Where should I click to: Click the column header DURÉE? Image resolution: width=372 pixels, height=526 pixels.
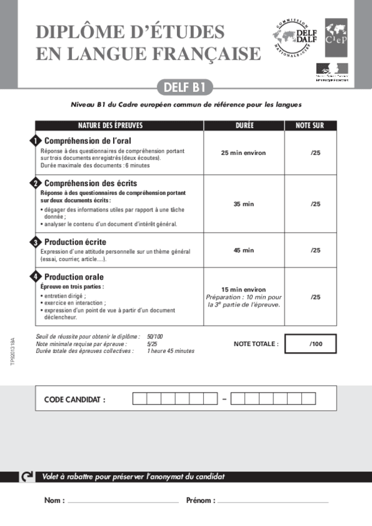click(244, 125)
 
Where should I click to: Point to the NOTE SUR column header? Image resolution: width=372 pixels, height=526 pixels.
click(310, 125)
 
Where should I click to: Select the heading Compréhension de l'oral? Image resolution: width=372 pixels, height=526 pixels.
click(88, 141)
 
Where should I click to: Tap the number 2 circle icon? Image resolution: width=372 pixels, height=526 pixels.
click(36, 184)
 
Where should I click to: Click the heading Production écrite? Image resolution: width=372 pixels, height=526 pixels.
click(75, 241)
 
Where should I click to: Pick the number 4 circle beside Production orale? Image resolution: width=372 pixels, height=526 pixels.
click(36, 277)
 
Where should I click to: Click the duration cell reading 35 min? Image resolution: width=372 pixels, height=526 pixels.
click(244, 204)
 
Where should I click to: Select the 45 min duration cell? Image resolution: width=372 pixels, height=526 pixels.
click(244, 250)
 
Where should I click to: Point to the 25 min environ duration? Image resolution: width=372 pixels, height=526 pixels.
click(244, 152)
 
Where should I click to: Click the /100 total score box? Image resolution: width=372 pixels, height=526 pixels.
click(315, 343)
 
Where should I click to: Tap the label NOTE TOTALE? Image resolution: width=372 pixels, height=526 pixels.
click(256, 343)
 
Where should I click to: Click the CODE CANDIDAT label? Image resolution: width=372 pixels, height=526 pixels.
click(75, 399)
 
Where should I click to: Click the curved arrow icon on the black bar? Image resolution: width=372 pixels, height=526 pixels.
click(27, 476)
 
